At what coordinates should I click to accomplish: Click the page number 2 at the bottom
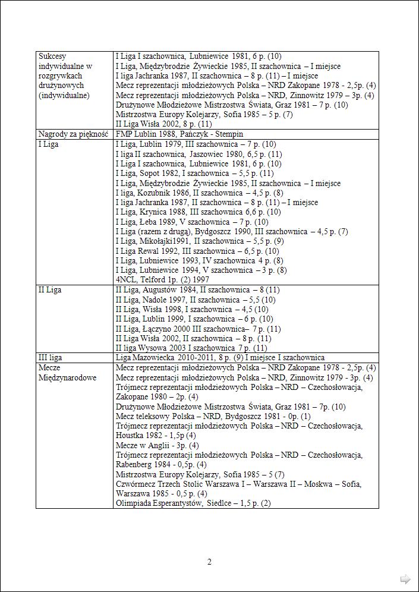(x=209, y=562)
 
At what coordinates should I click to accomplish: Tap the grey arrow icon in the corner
(x=405, y=579)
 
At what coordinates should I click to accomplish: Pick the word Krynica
(x=155, y=212)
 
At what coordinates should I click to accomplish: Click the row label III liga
(x=50, y=357)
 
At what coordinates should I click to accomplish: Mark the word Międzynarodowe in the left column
(x=67, y=377)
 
